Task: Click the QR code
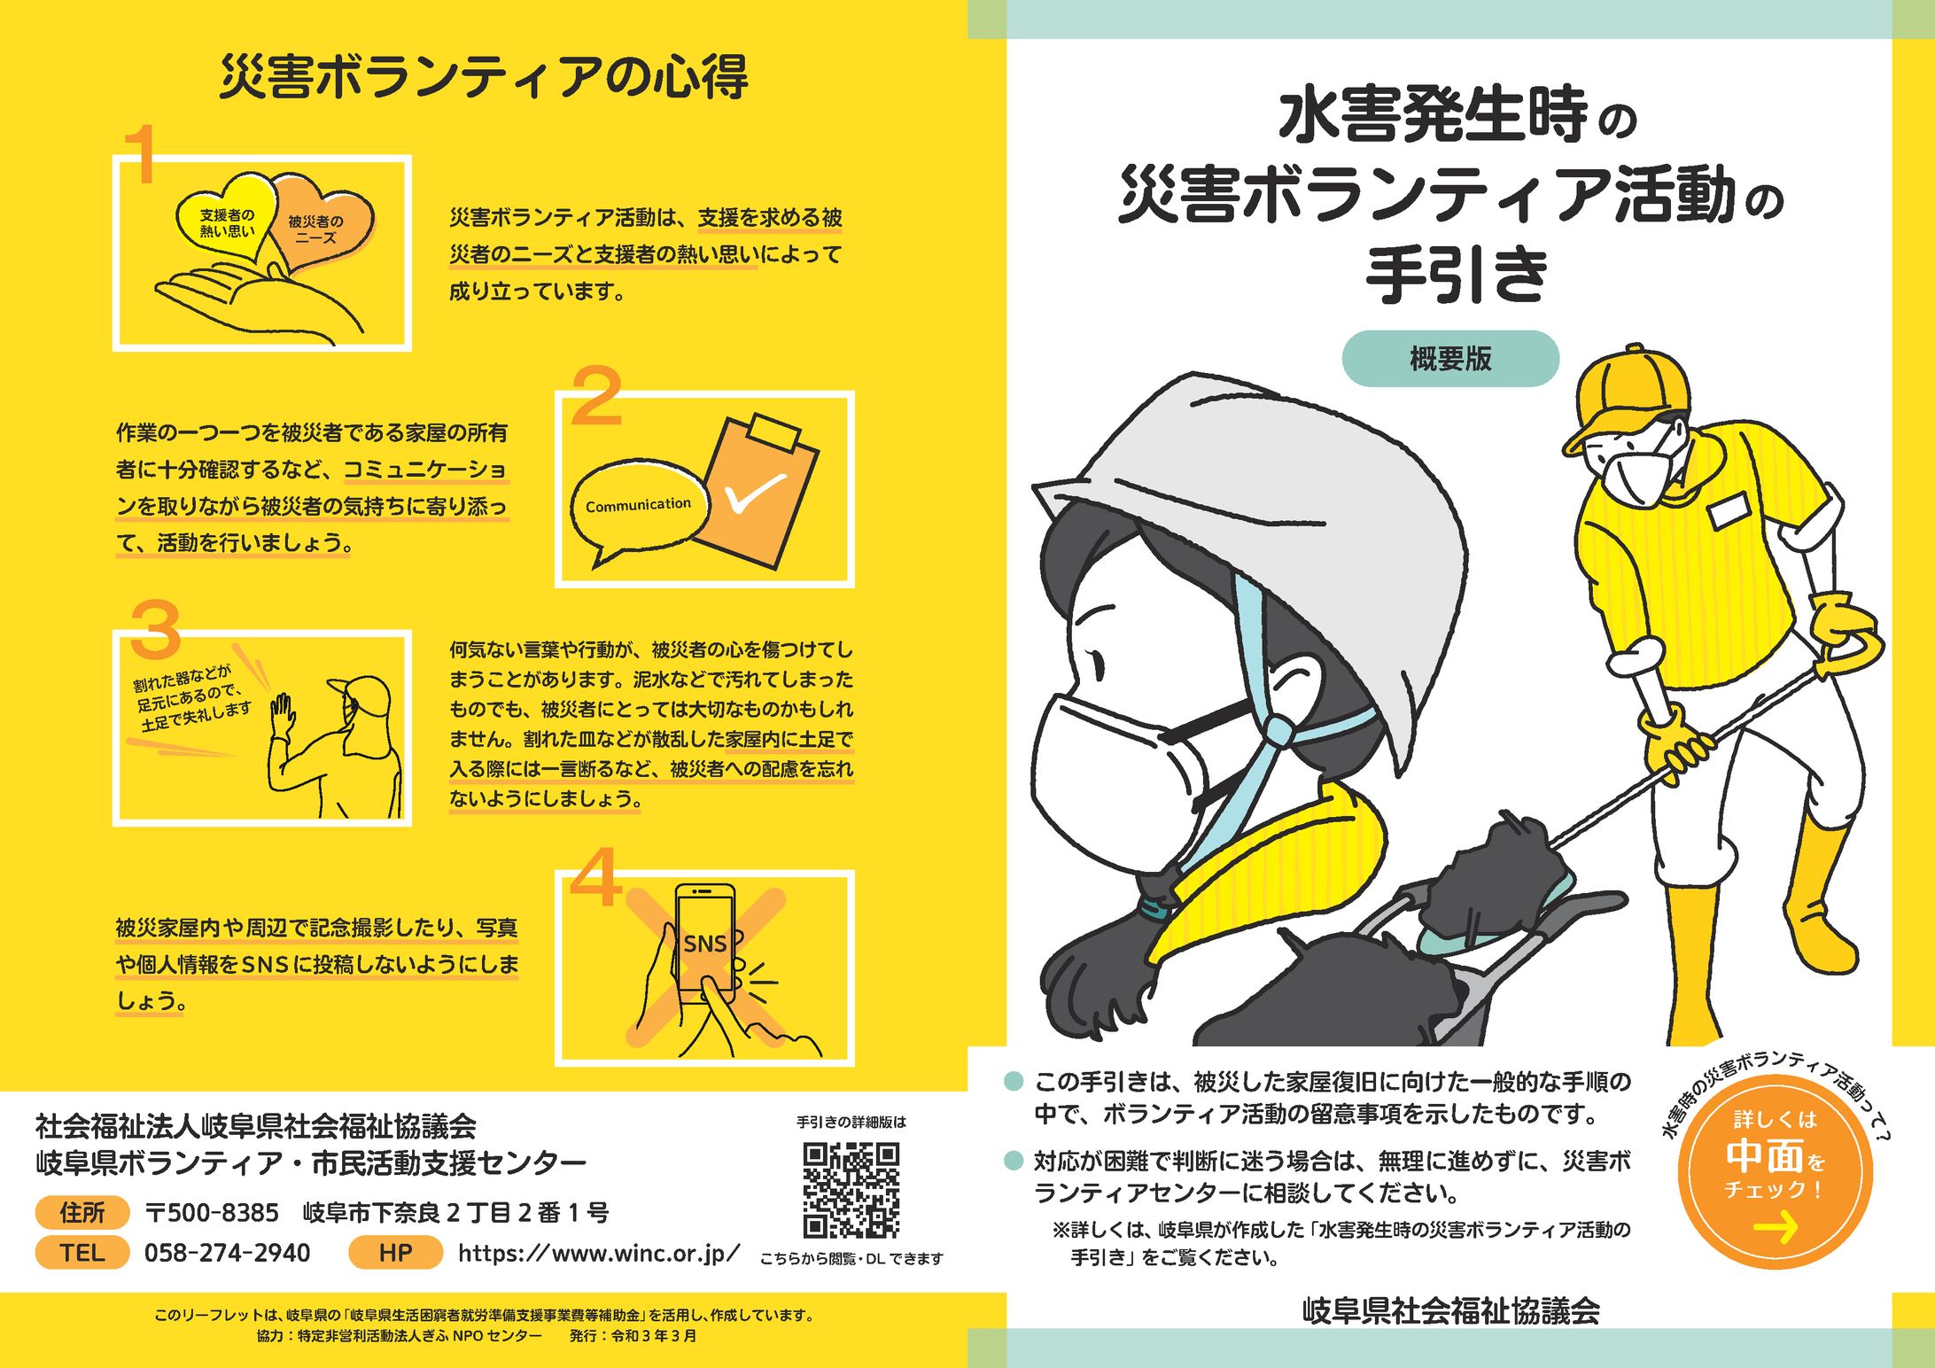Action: [x=851, y=1190]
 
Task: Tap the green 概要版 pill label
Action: [x=1450, y=359]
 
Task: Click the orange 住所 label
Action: [x=82, y=1212]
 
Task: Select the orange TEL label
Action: [x=82, y=1253]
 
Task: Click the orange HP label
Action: [x=395, y=1253]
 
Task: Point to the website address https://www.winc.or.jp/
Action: [x=599, y=1254]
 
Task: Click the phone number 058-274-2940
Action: [x=228, y=1253]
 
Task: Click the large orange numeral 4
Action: [x=594, y=878]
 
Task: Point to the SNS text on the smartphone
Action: [x=704, y=944]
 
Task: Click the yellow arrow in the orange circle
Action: [x=1775, y=1227]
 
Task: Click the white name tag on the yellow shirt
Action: [x=1729, y=510]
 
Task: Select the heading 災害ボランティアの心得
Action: [x=484, y=77]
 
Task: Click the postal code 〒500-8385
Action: [x=212, y=1212]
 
